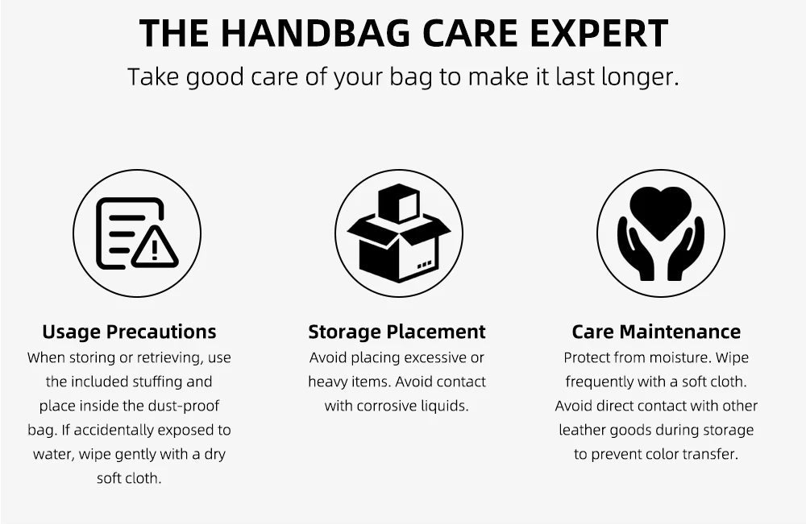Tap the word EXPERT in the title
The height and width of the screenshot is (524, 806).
click(599, 33)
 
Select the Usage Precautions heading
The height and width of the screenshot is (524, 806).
click(129, 332)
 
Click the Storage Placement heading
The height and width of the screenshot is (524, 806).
click(397, 332)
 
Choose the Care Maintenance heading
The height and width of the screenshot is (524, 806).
click(656, 332)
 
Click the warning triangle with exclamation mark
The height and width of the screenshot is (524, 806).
click(155, 247)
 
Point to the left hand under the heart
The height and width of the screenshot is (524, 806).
click(638, 250)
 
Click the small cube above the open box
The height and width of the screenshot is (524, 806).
click(399, 203)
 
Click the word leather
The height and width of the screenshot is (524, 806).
click(583, 430)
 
